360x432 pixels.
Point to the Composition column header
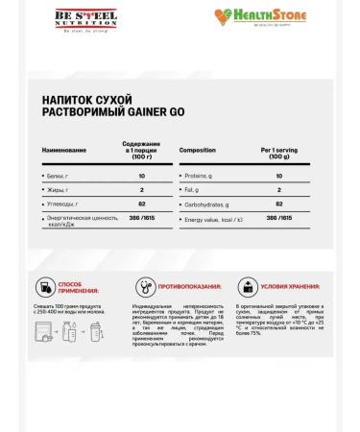pos(198,151)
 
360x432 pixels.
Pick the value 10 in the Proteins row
pos(278,177)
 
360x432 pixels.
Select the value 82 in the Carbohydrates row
pos(278,204)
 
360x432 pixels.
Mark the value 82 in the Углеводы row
pos(141,204)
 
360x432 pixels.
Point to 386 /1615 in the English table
pos(278,219)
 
